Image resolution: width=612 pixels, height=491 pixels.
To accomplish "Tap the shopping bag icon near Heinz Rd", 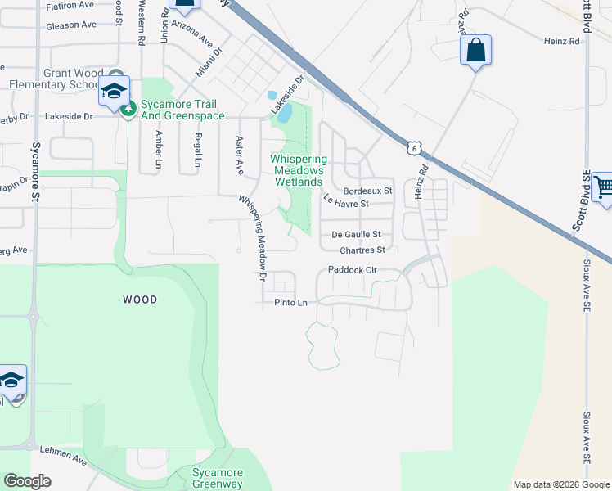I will point(475,51).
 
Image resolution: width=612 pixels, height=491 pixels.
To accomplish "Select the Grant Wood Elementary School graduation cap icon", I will point(115,89).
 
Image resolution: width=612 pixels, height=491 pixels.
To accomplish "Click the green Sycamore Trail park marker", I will point(128,110).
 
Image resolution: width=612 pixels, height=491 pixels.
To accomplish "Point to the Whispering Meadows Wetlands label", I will point(299,170).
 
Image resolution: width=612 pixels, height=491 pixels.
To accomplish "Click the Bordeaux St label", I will point(368,191).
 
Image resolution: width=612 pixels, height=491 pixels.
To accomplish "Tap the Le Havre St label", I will point(347,200).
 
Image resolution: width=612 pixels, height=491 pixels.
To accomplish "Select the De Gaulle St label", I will point(357,234).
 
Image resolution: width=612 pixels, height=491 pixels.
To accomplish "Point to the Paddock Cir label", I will point(351,269).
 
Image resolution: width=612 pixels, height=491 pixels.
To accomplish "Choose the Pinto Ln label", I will point(290,303).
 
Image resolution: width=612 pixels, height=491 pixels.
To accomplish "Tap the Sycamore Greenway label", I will point(218,478).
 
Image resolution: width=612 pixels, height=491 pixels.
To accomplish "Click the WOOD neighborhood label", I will point(139,300).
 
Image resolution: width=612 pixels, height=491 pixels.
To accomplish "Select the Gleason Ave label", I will point(71,25).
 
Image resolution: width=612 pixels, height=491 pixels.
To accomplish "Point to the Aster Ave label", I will point(241,155).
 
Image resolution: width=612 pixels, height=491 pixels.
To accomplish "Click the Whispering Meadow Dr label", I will point(253,237).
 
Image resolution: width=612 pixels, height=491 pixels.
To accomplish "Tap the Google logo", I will point(27,481).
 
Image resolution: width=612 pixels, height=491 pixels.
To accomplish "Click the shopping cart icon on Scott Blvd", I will point(602,187).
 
